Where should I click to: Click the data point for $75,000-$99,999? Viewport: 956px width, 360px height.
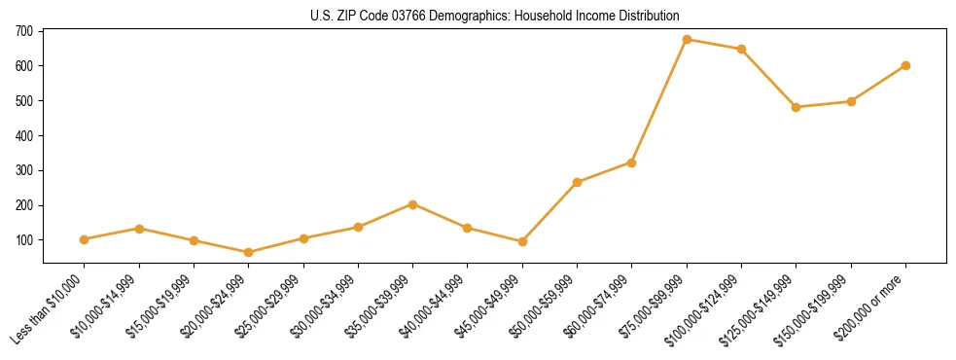click(x=687, y=39)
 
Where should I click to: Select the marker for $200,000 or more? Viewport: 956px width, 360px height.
click(x=905, y=65)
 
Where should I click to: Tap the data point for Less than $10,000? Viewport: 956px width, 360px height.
click(x=85, y=239)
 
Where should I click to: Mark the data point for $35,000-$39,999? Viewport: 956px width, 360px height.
click(x=412, y=204)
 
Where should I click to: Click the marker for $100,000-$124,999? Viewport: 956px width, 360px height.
click(x=741, y=49)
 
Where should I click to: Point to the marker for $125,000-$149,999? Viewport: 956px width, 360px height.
click(x=796, y=107)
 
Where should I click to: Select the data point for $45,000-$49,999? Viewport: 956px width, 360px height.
click(x=522, y=241)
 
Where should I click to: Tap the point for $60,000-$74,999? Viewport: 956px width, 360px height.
click(x=632, y=162)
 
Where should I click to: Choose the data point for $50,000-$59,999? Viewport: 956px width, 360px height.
click(x=577, y=182)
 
